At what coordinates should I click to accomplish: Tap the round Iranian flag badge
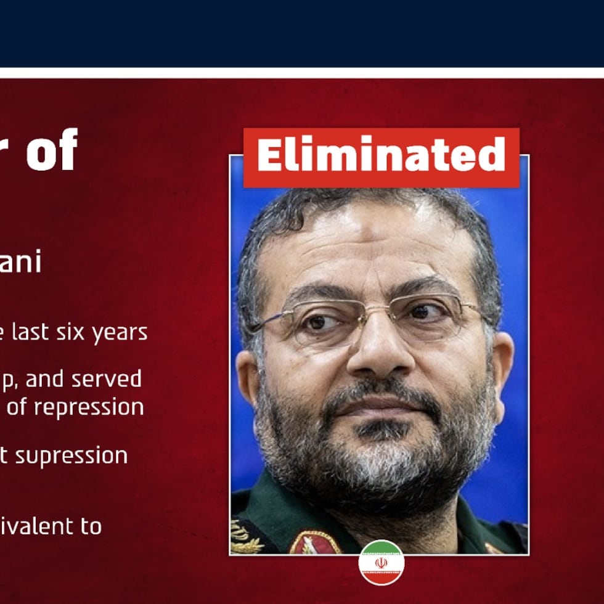pos(382,562)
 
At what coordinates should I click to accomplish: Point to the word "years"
pos(120,333)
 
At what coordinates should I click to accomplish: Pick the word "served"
pos(108,378)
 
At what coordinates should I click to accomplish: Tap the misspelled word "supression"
pos(71,457)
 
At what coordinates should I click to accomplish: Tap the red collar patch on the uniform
pos(315,543)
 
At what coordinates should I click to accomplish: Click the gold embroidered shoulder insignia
pos(246,537)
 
